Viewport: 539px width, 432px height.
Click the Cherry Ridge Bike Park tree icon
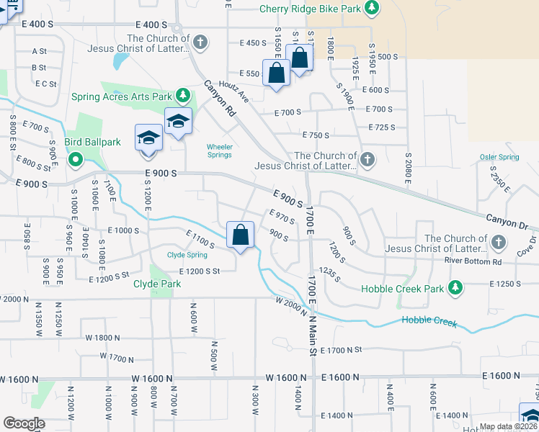point(371,9)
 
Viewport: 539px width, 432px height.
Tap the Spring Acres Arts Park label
point(122,96)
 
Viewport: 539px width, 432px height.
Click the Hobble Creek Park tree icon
point(454,289)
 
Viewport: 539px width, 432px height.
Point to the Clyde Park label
point(157,284)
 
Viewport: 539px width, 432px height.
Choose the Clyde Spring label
point(187,255)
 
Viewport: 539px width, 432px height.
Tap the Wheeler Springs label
point(220,150)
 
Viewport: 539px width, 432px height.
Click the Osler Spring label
point(499,157)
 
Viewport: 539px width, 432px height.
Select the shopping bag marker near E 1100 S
point(241,235)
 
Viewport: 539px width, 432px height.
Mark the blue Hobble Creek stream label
point(429,321)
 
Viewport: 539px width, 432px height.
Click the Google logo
point(24,423)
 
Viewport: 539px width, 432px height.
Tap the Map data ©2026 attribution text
point(508,426)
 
